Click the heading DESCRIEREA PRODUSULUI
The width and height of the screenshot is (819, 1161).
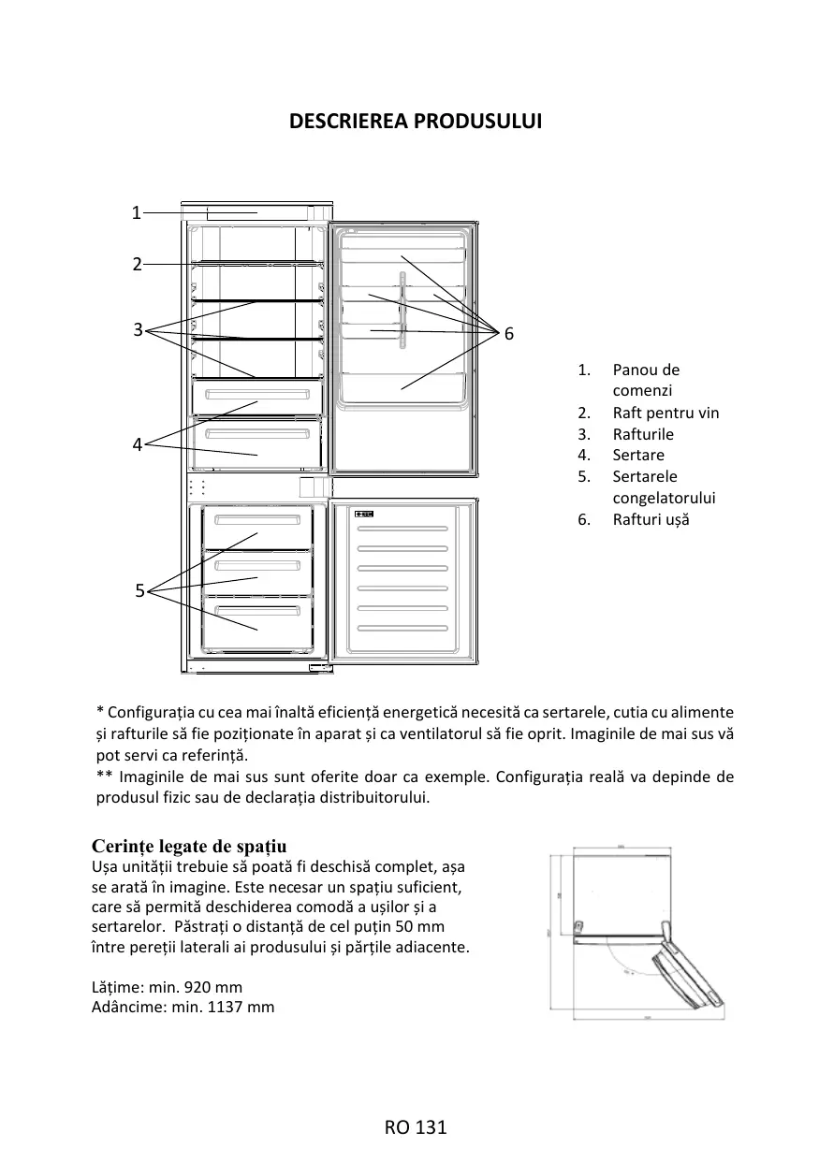point(416,122)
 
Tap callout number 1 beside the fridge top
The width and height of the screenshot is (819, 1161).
point(136,212)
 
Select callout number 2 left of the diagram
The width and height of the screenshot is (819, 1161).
point(136,264)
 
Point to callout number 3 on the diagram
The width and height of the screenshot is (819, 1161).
point(137,329)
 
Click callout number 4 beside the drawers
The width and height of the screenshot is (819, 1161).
point(137,445)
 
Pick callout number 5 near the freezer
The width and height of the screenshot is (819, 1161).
point(139,590)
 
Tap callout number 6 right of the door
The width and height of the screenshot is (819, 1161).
point(509,334)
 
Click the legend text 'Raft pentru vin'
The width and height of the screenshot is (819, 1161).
point(665,413)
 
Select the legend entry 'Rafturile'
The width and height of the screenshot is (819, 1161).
point(643,434)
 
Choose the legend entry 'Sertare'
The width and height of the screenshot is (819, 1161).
point(638,455)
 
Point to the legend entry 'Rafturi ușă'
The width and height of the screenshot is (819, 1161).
point(651,519)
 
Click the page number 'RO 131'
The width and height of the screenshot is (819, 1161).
point(416,1127)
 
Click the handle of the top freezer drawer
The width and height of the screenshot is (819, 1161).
point(257,519)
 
